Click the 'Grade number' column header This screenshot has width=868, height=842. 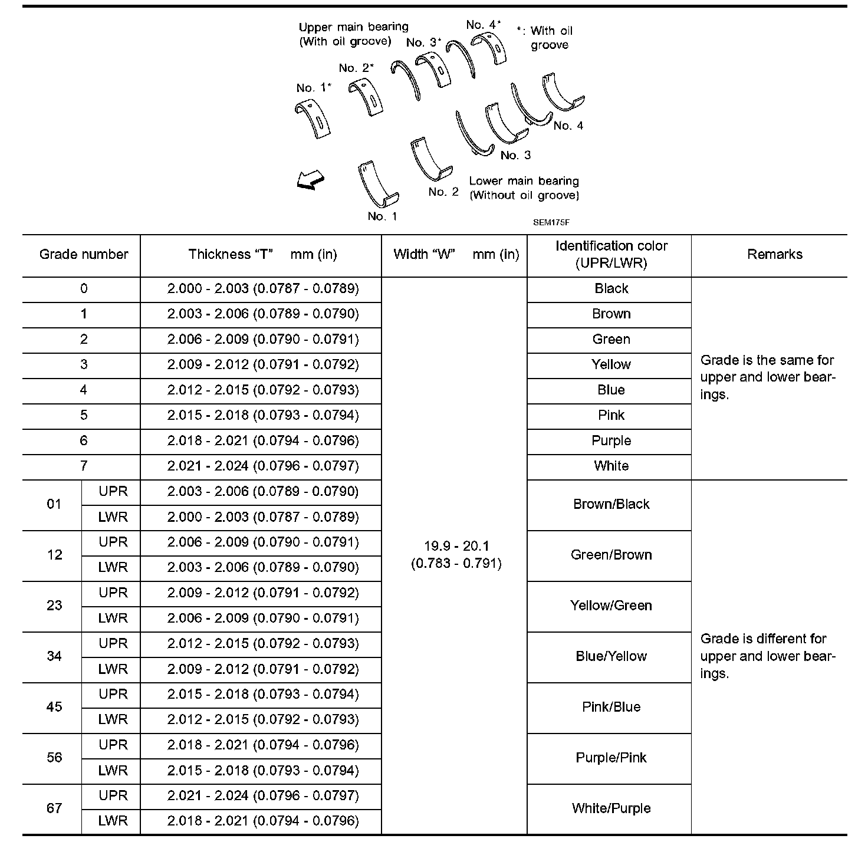coord(83,255)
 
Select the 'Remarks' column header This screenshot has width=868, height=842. coord(774,255)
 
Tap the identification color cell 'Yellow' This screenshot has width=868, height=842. coord(611,364)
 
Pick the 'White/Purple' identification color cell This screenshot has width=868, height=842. coord(611,808)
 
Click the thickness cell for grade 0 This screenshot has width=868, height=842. coord(263,289)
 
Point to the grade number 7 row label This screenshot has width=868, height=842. coord(83,466)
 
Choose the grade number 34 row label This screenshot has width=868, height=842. coord(54,656)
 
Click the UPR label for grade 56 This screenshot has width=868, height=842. coord(113,745)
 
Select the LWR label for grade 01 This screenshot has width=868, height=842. coord(113,517)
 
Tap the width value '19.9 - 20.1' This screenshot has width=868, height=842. coord(456,547)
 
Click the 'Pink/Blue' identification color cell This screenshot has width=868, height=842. coord(611,707)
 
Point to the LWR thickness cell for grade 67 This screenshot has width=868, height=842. coord(263,821)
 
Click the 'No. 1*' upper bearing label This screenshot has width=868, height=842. coord(313,88)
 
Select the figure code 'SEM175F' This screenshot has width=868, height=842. coord(551,222)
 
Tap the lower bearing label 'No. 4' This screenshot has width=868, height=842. coord(568,126)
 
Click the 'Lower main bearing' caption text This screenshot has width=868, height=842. coord(524,181)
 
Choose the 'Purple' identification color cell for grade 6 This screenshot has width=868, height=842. coord(611,441)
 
